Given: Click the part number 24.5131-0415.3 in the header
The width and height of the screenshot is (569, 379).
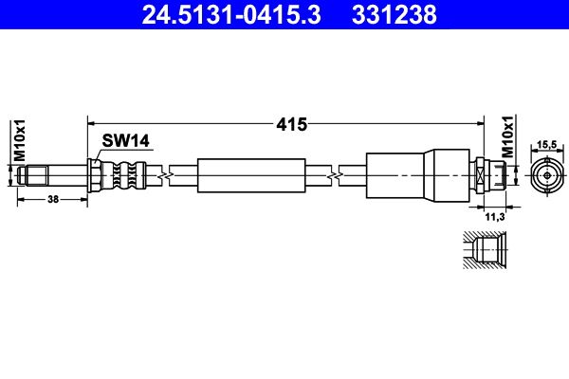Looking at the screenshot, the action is (231, 15).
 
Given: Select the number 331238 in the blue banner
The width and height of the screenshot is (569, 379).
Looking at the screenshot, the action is (395, 15).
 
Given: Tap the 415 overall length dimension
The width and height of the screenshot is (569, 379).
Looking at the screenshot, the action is (291, 124).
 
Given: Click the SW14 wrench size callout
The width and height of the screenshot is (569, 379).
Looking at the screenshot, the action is (125, 141).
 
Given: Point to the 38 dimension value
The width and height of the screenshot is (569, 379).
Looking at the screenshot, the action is (53, 199).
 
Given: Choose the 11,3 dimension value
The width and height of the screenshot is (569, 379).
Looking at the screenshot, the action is (495, 217).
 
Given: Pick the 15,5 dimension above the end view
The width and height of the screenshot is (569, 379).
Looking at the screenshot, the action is (547, 144).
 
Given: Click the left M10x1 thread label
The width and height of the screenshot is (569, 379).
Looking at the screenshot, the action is (20, 140).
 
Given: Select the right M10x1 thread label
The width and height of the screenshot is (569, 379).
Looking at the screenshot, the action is (508, 136).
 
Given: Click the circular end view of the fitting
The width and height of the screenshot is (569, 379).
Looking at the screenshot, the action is (547, 176).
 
